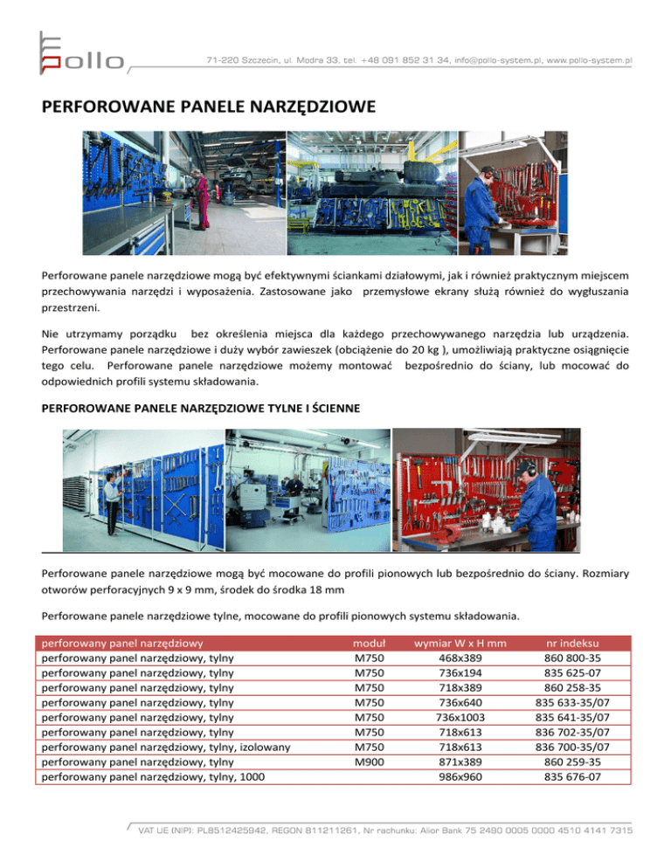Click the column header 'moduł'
point(360,643)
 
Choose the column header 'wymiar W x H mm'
point(460,643)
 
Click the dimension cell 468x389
point(460,658)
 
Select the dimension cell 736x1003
point(460,717)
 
